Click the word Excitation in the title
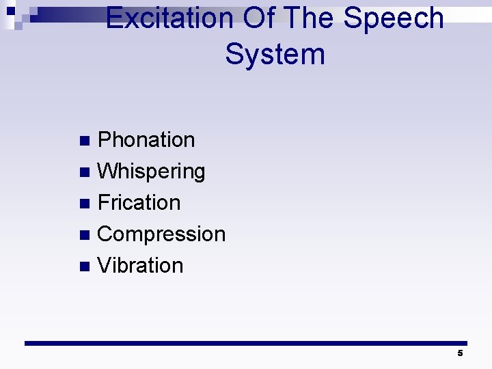(x=169, y=18)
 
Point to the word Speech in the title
(x=394, y=18)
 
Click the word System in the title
(x=275, y=54)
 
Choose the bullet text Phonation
(x=146, y=140)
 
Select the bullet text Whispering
(x=151, y=172)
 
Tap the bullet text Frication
(x=139, y=203)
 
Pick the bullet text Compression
(x=161, y=234)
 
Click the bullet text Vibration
(x=140, y=266)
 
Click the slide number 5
(x=460, y=353)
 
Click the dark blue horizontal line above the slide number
(x=246, y=343)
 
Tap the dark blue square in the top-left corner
(x=10, y=12)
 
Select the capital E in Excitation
(x=115, y=18)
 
